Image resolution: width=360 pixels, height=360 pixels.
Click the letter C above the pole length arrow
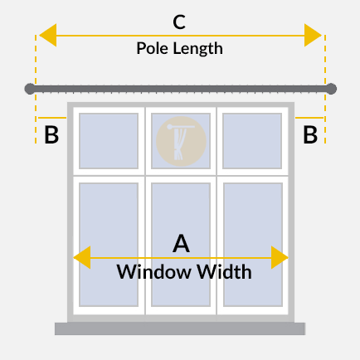(179, 22)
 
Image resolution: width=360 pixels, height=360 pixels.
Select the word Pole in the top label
(153, 48)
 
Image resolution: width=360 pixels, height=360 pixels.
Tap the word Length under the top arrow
(197, 49)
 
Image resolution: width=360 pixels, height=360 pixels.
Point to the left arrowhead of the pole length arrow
(48, 35)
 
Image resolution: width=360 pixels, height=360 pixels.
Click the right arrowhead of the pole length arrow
(313, 35)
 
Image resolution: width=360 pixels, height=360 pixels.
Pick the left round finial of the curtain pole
(30, 89)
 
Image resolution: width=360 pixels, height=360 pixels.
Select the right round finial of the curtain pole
(331, 89)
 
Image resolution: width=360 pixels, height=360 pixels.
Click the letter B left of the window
(51, 135)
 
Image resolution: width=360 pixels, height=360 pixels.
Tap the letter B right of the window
(310, 135)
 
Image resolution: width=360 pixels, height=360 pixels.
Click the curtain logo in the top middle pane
(181, 141)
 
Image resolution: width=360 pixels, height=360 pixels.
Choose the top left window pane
(109, 141)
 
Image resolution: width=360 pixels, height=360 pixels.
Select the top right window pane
(252, 141)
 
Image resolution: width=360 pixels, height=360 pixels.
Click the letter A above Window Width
(181, 244)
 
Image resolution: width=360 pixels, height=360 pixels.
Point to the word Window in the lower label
(153, 271)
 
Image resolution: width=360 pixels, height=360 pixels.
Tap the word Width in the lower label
(224, 271)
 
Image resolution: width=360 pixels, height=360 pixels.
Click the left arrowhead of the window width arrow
(82, 257)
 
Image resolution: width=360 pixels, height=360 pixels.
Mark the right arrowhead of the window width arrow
(280, 257)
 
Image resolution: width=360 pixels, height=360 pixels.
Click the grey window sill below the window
(180, 328)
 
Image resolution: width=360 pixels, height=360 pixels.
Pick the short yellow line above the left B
(52, 118)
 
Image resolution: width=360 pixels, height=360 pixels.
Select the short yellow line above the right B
(309, 118)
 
